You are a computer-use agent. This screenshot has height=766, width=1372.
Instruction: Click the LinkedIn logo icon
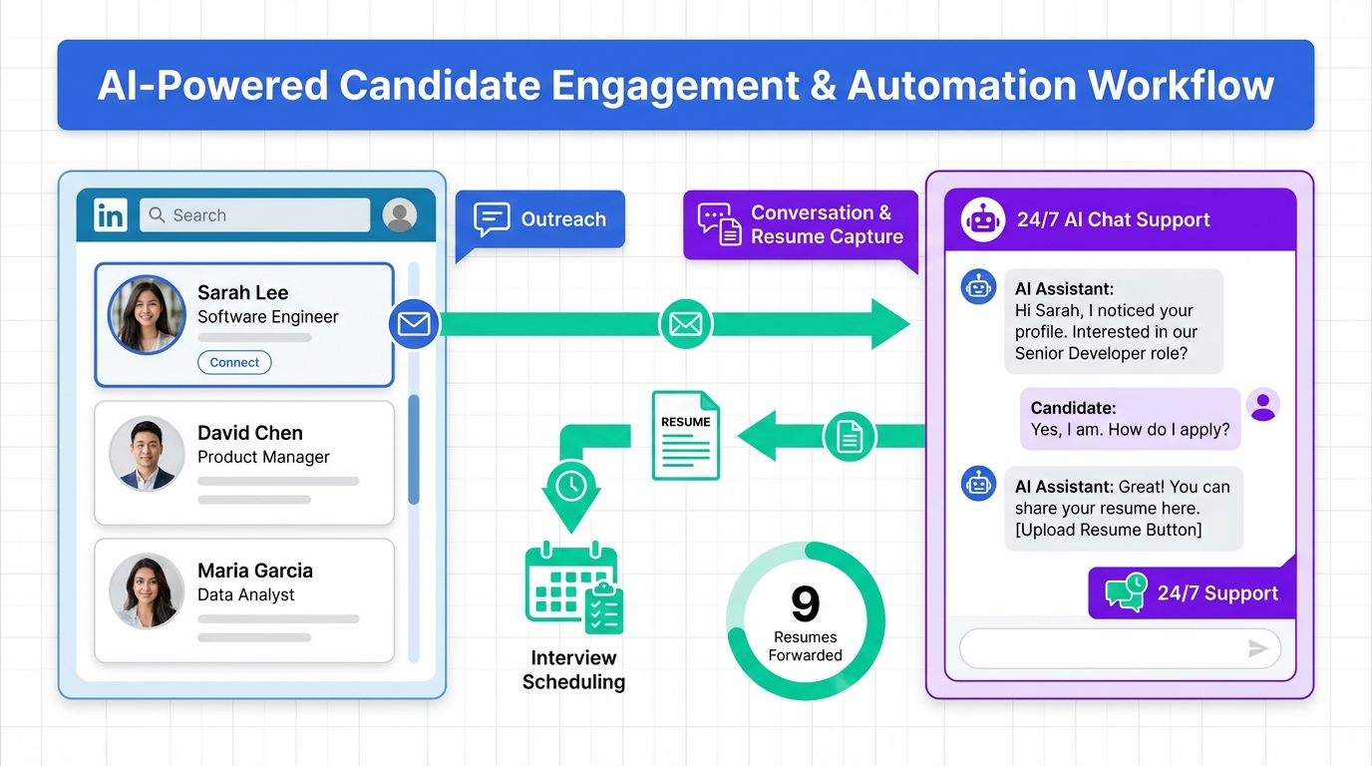111,215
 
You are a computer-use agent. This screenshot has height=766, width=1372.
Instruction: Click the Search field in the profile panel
254,215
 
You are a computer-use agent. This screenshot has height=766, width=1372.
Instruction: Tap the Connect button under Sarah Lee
234,363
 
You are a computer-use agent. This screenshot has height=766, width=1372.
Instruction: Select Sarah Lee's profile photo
147,315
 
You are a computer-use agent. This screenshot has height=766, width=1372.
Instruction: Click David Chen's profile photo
147,454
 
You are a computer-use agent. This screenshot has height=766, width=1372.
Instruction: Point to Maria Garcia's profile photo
147,591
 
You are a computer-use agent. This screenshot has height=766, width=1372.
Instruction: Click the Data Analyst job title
246,595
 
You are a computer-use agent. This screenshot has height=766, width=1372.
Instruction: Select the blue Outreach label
540,219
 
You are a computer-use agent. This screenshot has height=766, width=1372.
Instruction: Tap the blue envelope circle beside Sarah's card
414,324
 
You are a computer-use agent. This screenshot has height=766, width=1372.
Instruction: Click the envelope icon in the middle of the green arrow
686,324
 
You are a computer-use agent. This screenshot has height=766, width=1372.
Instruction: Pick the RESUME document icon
686,435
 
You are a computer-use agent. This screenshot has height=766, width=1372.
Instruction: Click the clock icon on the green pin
570,486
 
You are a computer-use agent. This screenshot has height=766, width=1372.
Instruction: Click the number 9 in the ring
805,604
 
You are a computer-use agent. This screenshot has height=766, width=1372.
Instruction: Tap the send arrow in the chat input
1258,649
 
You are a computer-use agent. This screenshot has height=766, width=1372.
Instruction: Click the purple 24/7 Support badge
1192,593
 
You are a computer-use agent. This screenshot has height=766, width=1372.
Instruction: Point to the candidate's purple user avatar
1263,405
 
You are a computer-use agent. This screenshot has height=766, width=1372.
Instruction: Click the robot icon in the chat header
983,219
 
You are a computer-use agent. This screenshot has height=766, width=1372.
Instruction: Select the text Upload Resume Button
1109,530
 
